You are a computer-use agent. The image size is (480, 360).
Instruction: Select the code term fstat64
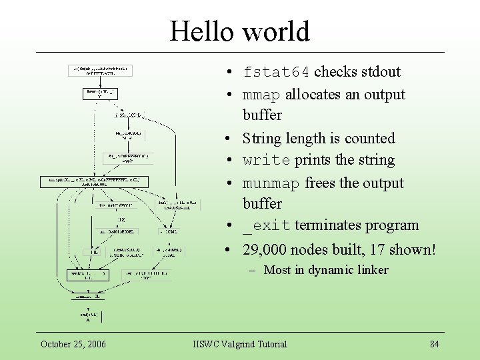point(276,72)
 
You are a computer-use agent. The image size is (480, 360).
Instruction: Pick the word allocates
point(313,95)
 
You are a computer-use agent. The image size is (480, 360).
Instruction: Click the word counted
point(370,138)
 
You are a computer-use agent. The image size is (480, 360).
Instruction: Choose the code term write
point(267,161)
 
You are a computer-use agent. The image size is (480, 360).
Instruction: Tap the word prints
point(313,161)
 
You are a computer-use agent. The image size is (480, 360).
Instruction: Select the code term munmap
point(271,183)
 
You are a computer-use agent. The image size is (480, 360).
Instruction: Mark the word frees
point(321,183)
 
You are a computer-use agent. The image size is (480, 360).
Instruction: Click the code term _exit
point(266,226)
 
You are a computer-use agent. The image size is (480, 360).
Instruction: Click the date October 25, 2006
point(73,344)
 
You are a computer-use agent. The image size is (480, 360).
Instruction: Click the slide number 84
point(434,344)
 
